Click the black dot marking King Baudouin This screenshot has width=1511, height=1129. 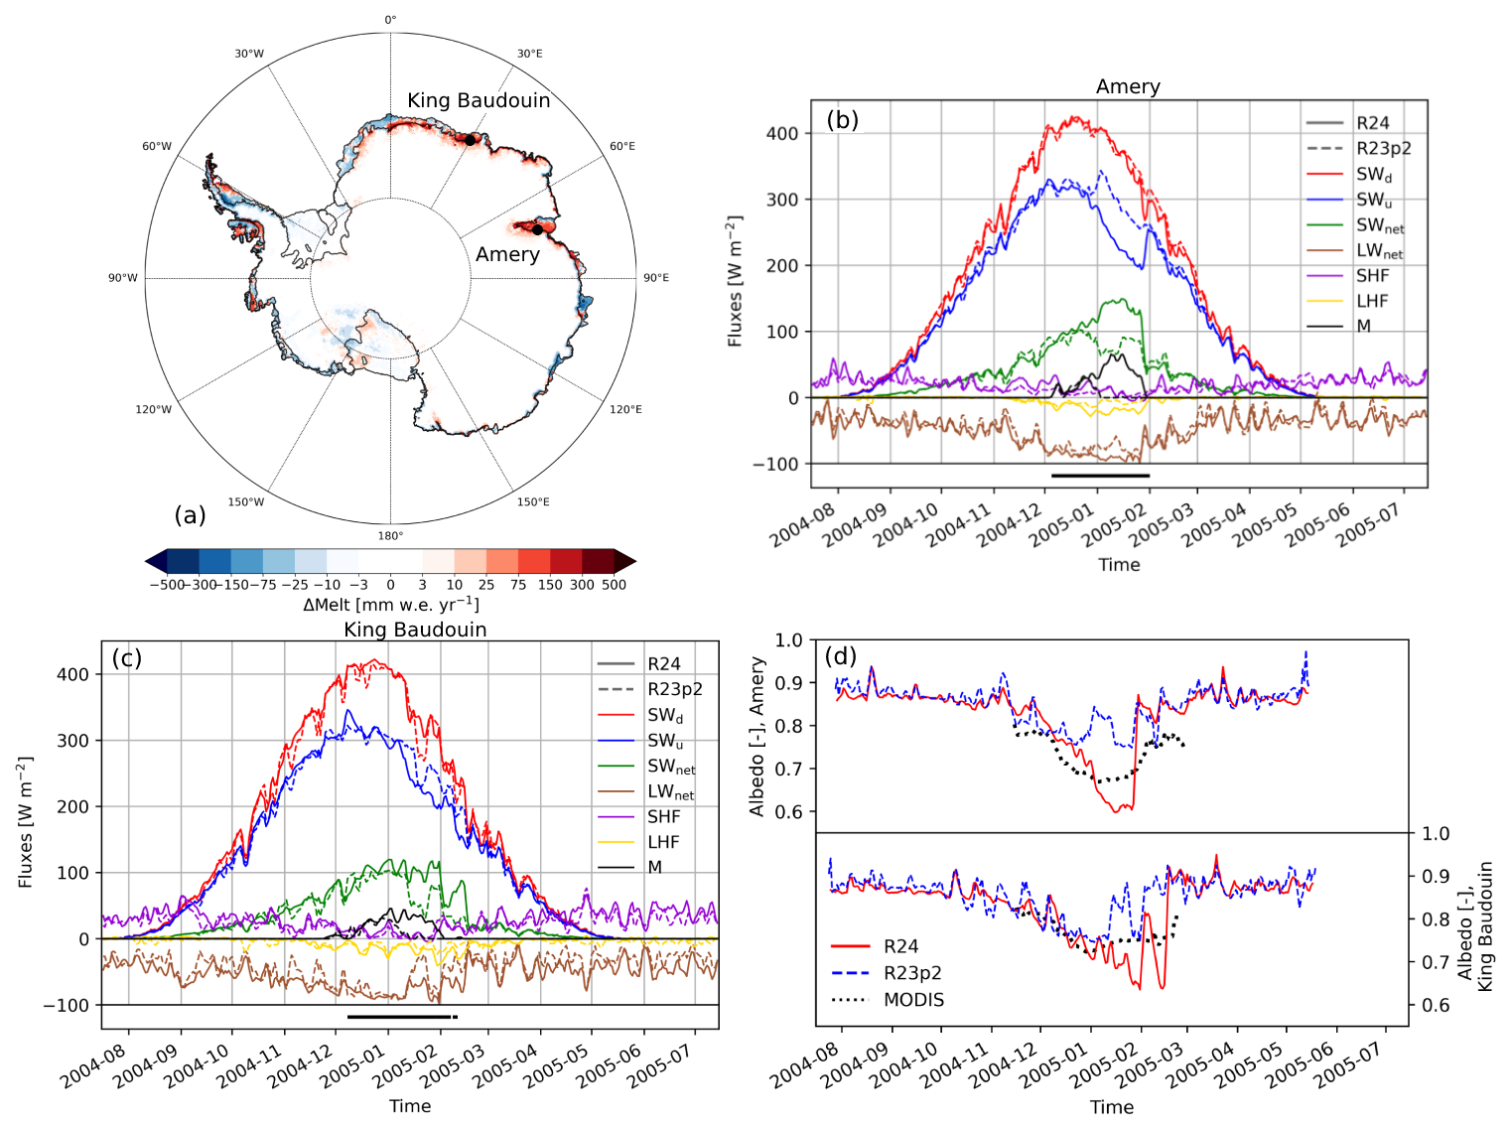pyautogui.click(x=471, y=139)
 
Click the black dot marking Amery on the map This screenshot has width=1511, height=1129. pyautogui.click(x=537, y=229)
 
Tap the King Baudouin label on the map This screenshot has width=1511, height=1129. pyautogui.click(x=479, y=100)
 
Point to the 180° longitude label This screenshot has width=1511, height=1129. pyautogui.click(x=390, y=536)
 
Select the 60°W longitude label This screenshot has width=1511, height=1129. pyautogui.click(x=157, y=147)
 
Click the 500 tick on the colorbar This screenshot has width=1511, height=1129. pyautogui.click(x=614, y=585)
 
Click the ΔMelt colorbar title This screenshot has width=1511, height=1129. pyautogui.click(x=390, y=605)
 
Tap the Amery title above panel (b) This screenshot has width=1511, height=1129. pyautogui.click(x=1128, y=86)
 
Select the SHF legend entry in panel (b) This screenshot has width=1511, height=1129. pyautogui.click(x=1372, y=276)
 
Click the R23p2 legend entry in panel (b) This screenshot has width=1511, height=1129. pyautogui.click(x=1383, y=148)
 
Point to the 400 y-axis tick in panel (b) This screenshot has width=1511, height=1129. pyautogui.click(x=782, y=133)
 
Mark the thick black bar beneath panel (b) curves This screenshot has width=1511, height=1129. pyautogui.click(x=1100, y=476)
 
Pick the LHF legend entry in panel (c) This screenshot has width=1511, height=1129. pyautogui.click(x=663, y=842)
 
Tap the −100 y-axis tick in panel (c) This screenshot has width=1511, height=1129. pyautogui.click(x=66, y=1005)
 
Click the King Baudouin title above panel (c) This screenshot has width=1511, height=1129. pyautogui.click(x=415, y=630)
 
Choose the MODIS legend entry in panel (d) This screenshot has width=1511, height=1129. pyautogui.click(x=913, y=1000)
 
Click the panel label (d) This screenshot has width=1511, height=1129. pyautogui.click(x=842, y=656)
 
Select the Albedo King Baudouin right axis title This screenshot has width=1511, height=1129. pyautogui.click(x=1475, y=925)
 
